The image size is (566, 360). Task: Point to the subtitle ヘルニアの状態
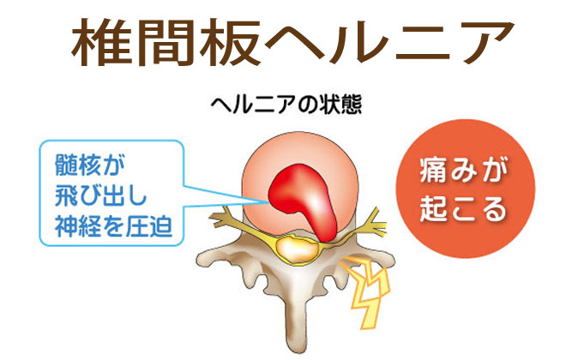(286, 105)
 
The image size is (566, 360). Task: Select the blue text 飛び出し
(101, 196)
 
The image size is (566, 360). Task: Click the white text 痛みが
(464, 171)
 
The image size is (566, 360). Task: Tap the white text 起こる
(464, 208)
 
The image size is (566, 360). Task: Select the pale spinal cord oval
(297, 249)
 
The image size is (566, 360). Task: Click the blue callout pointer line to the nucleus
(226, 196)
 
